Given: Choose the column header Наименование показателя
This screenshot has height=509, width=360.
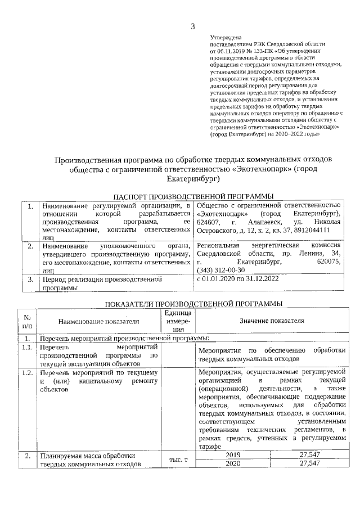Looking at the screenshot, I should (98, 321).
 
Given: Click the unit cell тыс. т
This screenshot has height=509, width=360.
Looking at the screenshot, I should (178, 460).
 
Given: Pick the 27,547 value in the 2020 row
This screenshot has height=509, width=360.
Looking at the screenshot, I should (310, 463).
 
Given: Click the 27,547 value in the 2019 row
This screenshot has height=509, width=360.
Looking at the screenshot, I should (310, 454).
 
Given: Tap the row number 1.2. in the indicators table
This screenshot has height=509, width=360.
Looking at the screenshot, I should (27, 373).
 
